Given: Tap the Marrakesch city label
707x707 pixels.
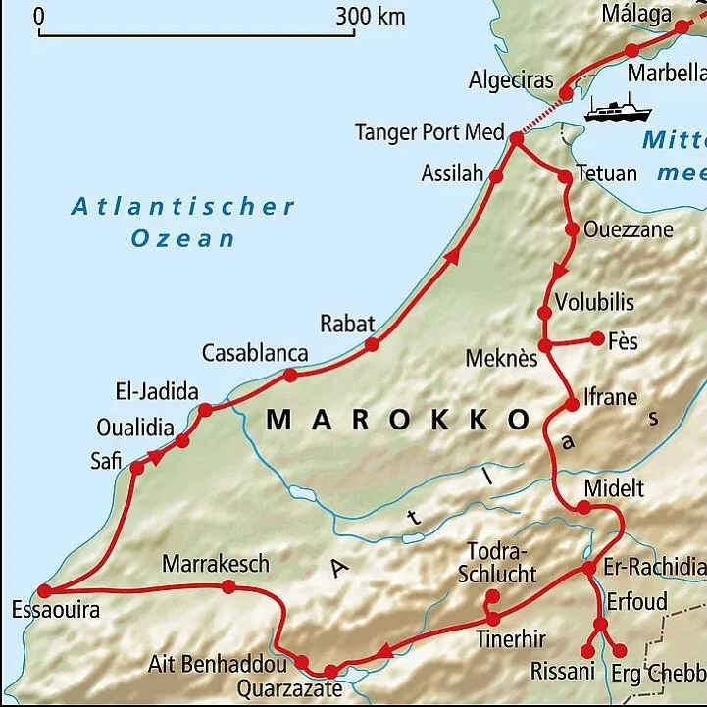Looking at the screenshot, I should pos(215,564).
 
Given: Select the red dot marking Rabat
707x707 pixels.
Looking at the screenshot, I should pos(372,344).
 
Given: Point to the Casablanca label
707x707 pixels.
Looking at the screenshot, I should pos(255,353).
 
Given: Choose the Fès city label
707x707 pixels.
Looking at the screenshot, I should pos(622,341).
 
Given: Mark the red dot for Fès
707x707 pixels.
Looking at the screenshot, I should pos(597,338).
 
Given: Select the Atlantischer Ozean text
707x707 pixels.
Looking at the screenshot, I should pos(183,222).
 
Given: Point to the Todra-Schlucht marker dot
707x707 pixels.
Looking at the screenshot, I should pos(492,595).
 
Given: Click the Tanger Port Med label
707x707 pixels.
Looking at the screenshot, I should pos(429,132).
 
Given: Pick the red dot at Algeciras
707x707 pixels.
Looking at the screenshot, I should pos(565,94).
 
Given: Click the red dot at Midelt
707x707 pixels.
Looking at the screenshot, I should pos(583,507).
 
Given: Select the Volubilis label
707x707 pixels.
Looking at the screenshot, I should pos(594,302).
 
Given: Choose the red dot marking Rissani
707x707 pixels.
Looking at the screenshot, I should pos(587,650).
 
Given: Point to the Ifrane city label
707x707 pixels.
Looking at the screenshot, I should pos(610,397).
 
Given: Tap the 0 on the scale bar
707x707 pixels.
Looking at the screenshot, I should pos(39,17).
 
